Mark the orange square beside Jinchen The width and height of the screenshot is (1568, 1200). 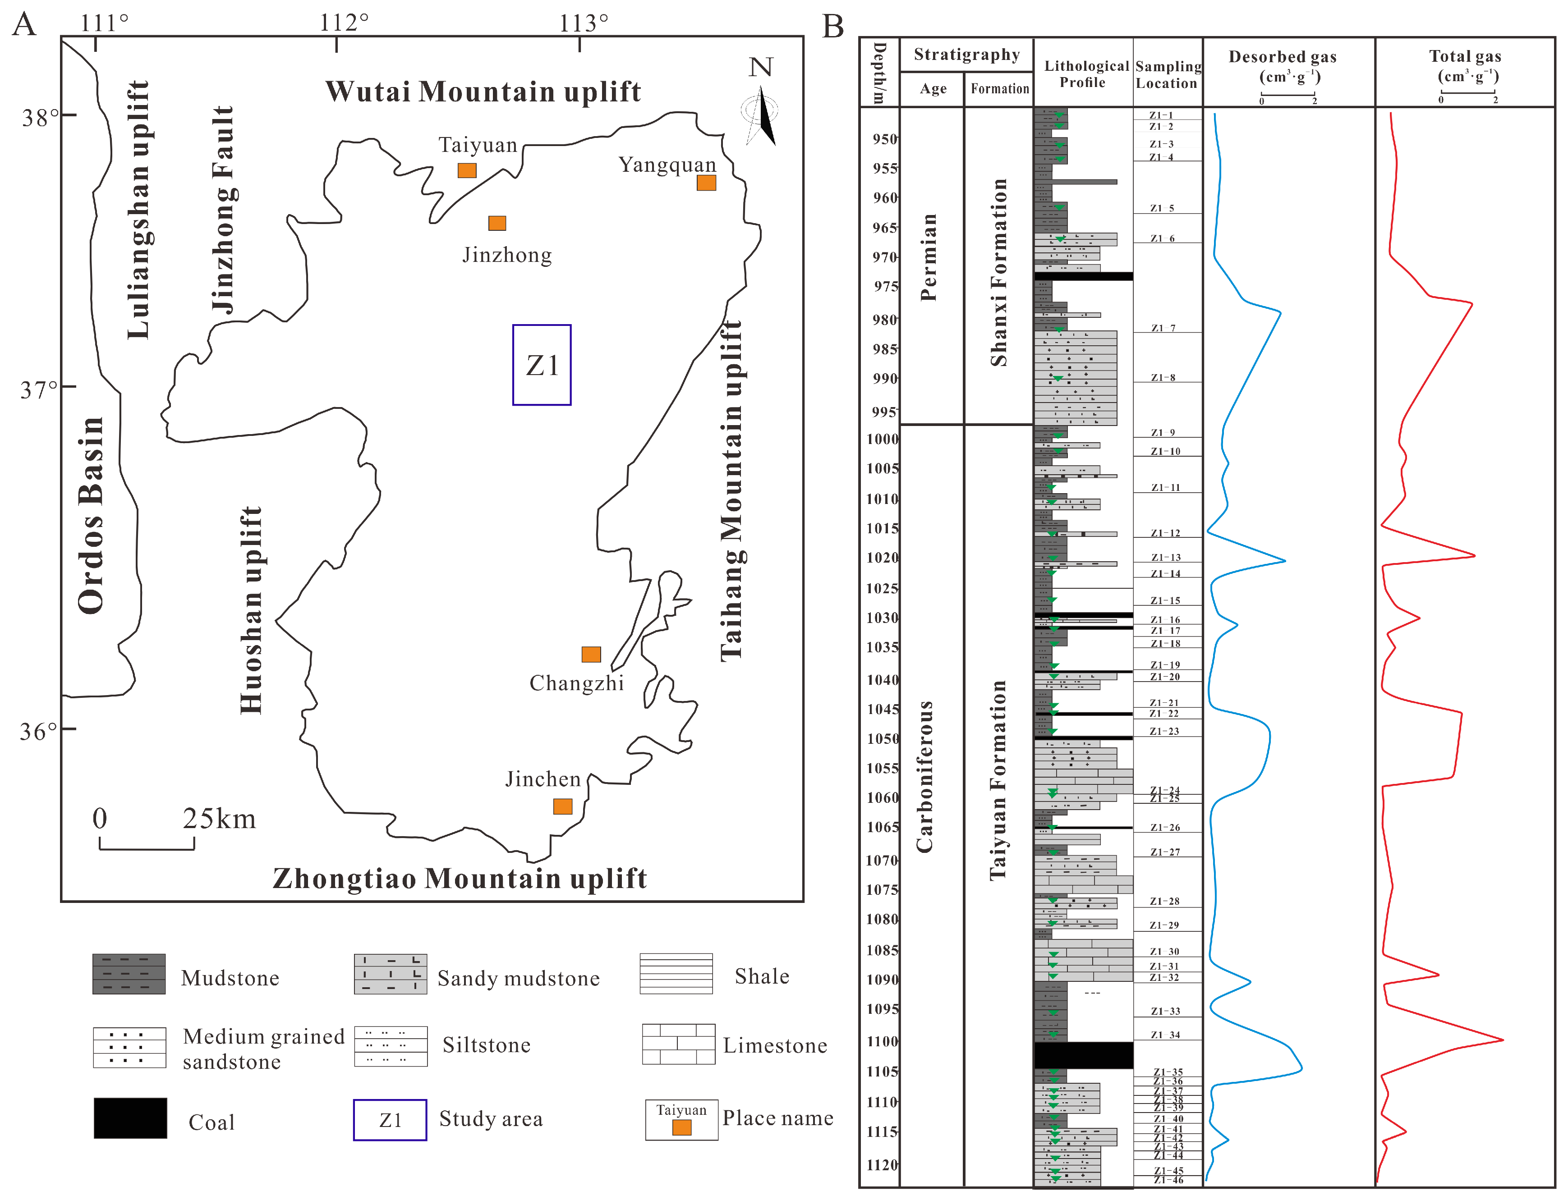[x=563, y=806]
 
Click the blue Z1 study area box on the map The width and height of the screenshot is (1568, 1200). [x=542, y=365]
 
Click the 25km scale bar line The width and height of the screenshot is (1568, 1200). [x=147, y=848]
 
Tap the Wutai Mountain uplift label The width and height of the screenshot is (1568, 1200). [x=483, y=92]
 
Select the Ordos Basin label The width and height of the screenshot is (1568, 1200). [x=91, y=515]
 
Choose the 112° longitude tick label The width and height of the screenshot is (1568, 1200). [x=344, y=23]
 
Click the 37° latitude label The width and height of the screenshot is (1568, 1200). [x=39, y=390]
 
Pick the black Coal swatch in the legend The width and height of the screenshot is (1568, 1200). [x=130, y=1118]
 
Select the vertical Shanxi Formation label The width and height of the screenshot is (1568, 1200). [x=998, y=273]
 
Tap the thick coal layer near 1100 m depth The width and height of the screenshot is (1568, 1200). [x=1083, y=1055]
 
